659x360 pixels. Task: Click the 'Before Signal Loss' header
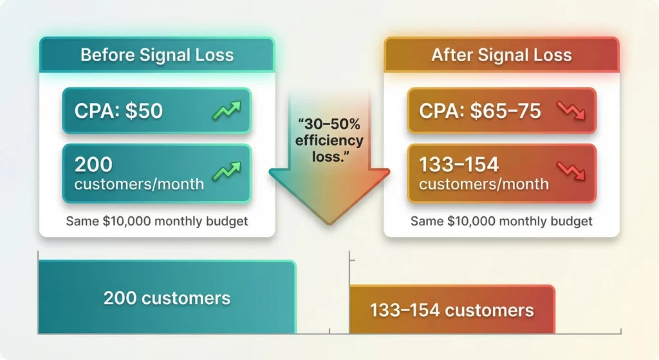[156, 54]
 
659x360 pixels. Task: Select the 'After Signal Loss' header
[501, 54]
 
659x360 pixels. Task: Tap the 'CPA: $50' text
[119, 111]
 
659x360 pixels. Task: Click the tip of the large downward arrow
[329, 222]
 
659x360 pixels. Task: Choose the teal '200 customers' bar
[167, 298]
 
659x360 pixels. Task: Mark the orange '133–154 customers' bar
[452, 310]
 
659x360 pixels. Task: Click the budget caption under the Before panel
[157, 222]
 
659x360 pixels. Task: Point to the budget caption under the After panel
[501, 222]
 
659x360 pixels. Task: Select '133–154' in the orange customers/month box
[458, 165]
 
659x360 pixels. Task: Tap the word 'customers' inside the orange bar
[489, 310]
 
